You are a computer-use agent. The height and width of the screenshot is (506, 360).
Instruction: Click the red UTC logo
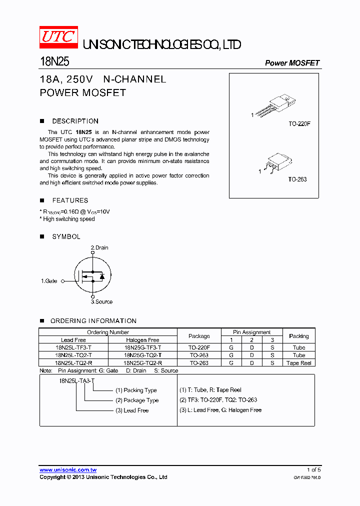coord(58,37)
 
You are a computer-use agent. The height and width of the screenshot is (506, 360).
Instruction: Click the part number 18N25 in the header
coord(54,61)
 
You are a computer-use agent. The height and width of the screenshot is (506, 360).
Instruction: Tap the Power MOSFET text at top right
coord(292,63)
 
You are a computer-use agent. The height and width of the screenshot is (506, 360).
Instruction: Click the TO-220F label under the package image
coord(299,123)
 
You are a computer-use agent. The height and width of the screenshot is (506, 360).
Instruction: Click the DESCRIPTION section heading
coord(75,121)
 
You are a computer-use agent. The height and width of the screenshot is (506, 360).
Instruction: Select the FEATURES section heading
coord(70,200)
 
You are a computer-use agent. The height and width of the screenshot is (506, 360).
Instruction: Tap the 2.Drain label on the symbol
coord(99,247)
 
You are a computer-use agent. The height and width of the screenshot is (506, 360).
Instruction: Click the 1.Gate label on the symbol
coord(49,281)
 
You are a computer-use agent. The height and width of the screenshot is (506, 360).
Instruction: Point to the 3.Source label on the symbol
coord(101,301)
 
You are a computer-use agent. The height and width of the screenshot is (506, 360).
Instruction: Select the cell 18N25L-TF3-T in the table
coord(73,347)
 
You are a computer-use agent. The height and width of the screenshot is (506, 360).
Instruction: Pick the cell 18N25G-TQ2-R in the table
coord(142,363)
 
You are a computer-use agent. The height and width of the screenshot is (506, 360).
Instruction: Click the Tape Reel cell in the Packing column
coord(298,363)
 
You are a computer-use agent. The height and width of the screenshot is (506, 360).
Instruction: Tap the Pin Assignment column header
coord(252,332)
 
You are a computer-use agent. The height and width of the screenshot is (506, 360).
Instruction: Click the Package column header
coord(199,336)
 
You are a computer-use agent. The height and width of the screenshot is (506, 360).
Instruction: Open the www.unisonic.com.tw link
coord(68,469)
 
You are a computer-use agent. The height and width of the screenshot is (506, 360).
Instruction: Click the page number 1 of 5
coord(313,469)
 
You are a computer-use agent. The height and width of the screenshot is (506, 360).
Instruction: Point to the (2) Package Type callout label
coord(137,400)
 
